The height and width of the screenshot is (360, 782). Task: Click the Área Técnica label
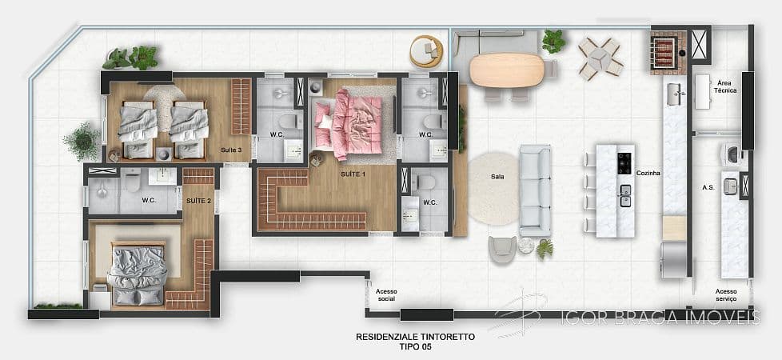tap(726, 87)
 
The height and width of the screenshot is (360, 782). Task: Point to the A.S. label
tap(708, 187)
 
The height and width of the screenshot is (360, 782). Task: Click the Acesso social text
tap(385, 295)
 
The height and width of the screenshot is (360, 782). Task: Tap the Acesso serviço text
tap(726, 295)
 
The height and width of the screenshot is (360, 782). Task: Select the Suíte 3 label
tap(232, 150)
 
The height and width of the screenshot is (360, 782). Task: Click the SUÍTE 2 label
tap(198, 200)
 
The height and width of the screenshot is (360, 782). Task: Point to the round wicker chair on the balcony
tap(426, 52)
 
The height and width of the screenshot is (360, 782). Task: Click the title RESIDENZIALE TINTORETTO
tap(414, 338)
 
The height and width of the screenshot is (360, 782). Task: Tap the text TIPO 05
tap(414, 348)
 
